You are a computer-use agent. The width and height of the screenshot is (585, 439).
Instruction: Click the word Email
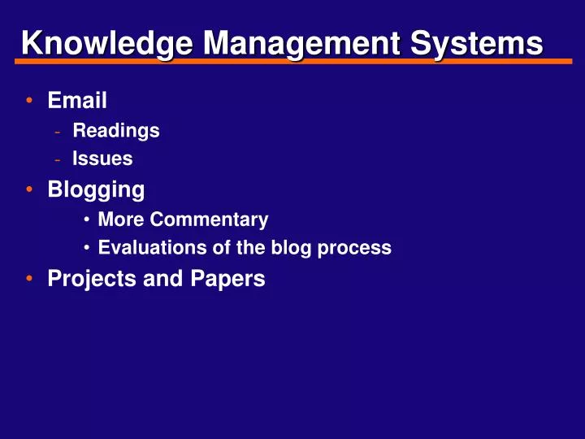click(77, 101)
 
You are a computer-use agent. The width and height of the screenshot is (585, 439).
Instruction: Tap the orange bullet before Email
click(29, 102)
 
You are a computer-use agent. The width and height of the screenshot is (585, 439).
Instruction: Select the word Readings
click(115, 130)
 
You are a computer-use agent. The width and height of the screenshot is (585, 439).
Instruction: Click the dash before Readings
click(57, 131)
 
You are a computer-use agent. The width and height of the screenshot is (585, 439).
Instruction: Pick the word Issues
click(102, 159)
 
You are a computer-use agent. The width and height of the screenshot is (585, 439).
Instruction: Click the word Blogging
click(96, 190)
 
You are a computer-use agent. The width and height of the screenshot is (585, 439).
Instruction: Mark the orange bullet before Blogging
click(29, 190)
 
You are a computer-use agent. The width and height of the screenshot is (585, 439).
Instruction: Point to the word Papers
click(229, 279)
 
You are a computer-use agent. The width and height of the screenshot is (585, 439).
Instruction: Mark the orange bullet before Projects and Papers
click(29, 279)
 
